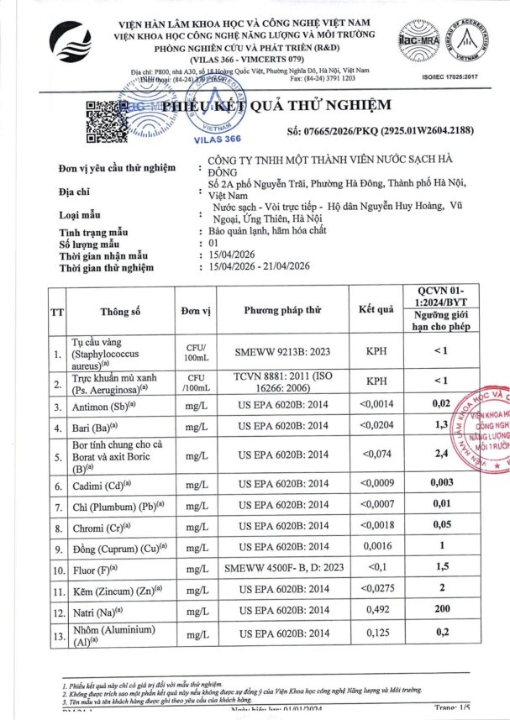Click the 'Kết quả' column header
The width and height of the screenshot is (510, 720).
376,309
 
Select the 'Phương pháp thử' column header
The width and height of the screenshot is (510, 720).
283,310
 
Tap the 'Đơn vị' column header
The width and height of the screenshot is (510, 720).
195,311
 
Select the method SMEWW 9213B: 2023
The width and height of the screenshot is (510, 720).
283,354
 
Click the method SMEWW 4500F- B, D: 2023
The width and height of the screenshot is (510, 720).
283,568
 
